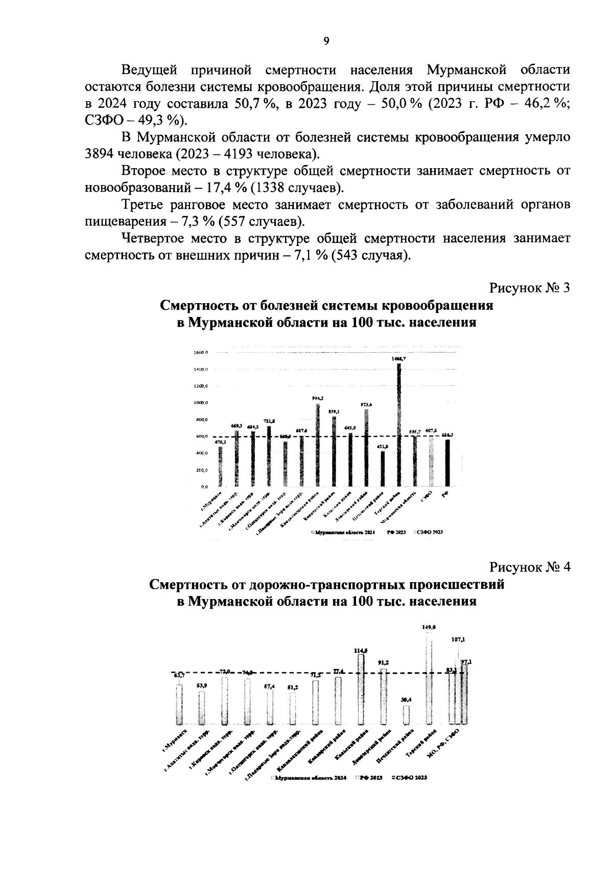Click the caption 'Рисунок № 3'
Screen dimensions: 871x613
tap(529, 288)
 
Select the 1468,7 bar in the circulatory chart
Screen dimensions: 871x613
tap(399, 424)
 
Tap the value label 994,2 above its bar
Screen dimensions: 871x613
tap(317, 398)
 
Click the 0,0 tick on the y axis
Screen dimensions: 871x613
tap(203, 487)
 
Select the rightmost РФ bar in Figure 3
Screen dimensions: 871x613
tap(447, 463)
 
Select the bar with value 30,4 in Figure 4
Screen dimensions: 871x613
tap(406, 715)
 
